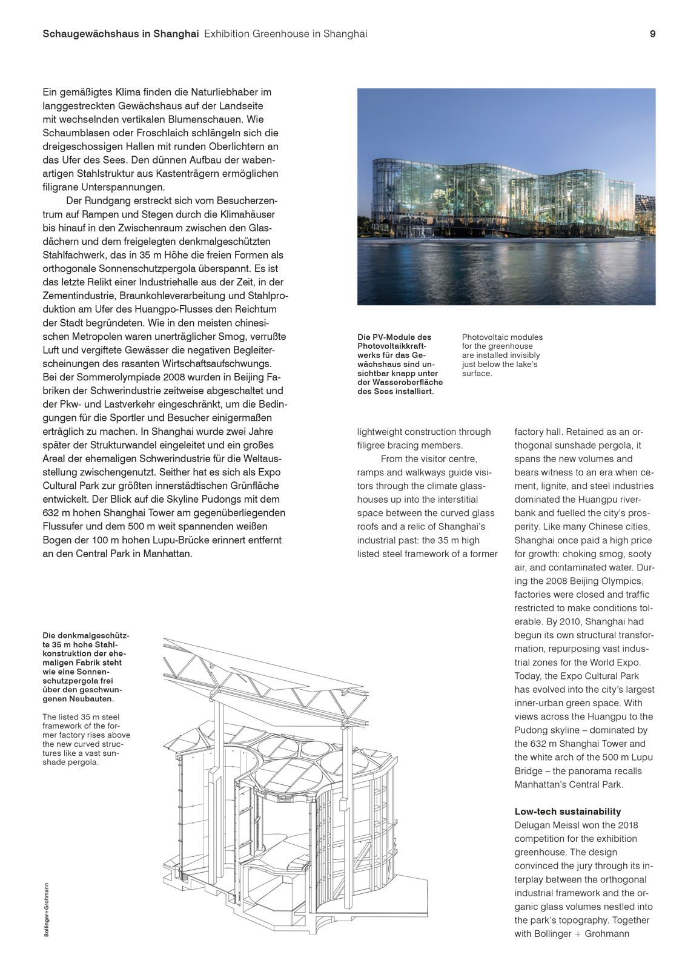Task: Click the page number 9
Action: pos(652,34)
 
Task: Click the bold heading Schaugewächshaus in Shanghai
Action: pos(121,34)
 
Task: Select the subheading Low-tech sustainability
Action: pos(568,812)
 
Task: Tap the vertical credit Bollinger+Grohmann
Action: pos(47,909)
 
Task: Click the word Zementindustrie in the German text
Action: pos(79,296)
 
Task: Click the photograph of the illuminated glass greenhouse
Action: pos(506,196)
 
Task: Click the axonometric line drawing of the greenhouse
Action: pos(297,787)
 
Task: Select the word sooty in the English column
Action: pos(640,554)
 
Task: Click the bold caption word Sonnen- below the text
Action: pos(59,672)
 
